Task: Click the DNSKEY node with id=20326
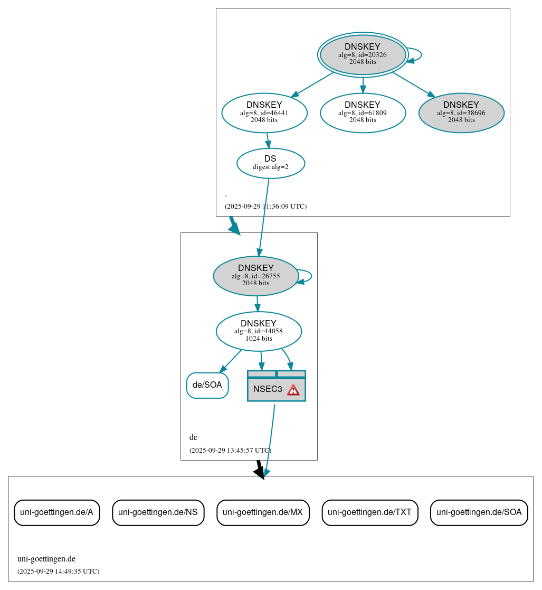tap(363, 54)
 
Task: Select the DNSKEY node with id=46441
tap(264, 113)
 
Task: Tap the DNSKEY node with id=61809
tap(363, 113)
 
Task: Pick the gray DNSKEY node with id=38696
tap(461, 113)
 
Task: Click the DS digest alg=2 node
tap(271, 163)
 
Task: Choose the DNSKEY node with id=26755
tap(256, 276)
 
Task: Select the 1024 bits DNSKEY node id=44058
tap(259, 331)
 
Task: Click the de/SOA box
tap(207, 385)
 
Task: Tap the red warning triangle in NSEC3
tap(293, 390)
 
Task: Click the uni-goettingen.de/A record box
tap(56, 512)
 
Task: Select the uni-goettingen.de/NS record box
tap(158, 512)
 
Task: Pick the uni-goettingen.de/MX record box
tap(263, 512)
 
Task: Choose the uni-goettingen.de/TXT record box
tap(370, 512)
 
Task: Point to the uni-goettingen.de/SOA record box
tap(479, 512)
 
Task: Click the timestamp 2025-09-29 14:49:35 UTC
tap(58, 572)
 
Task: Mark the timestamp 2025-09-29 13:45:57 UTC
tap(230, 451)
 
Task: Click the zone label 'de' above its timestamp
tap(193, 437)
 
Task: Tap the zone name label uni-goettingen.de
tap(46, 559)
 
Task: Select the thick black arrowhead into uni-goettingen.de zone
tap(259, 472)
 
